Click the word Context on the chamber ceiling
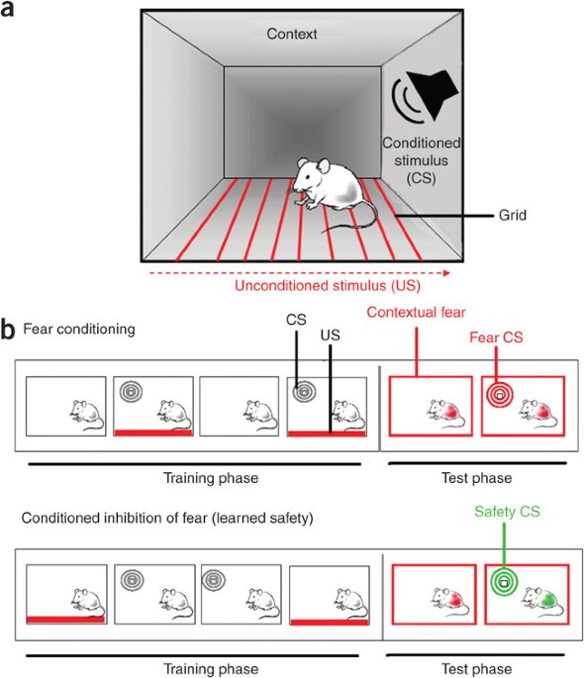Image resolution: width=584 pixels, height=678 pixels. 292,34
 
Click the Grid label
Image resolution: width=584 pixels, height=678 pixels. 513,215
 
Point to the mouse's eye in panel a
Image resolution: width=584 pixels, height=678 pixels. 307,178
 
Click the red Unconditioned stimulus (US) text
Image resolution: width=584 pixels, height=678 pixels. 328,286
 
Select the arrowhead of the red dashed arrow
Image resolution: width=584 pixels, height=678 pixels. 446,273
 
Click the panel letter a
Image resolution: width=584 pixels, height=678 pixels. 7,10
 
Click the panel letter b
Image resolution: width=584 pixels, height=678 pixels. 8,330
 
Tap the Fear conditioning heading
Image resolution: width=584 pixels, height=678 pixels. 79,329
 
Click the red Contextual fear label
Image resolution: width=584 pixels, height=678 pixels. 416,312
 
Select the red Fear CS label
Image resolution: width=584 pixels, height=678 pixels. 496,338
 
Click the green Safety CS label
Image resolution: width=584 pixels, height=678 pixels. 507,512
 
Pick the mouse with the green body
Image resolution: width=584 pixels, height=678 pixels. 542,601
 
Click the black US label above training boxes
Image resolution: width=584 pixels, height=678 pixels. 331,336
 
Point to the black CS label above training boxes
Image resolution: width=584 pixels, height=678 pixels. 296,320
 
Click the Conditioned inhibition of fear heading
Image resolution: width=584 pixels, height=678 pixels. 167,518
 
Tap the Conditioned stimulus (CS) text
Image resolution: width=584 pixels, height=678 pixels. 421,160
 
